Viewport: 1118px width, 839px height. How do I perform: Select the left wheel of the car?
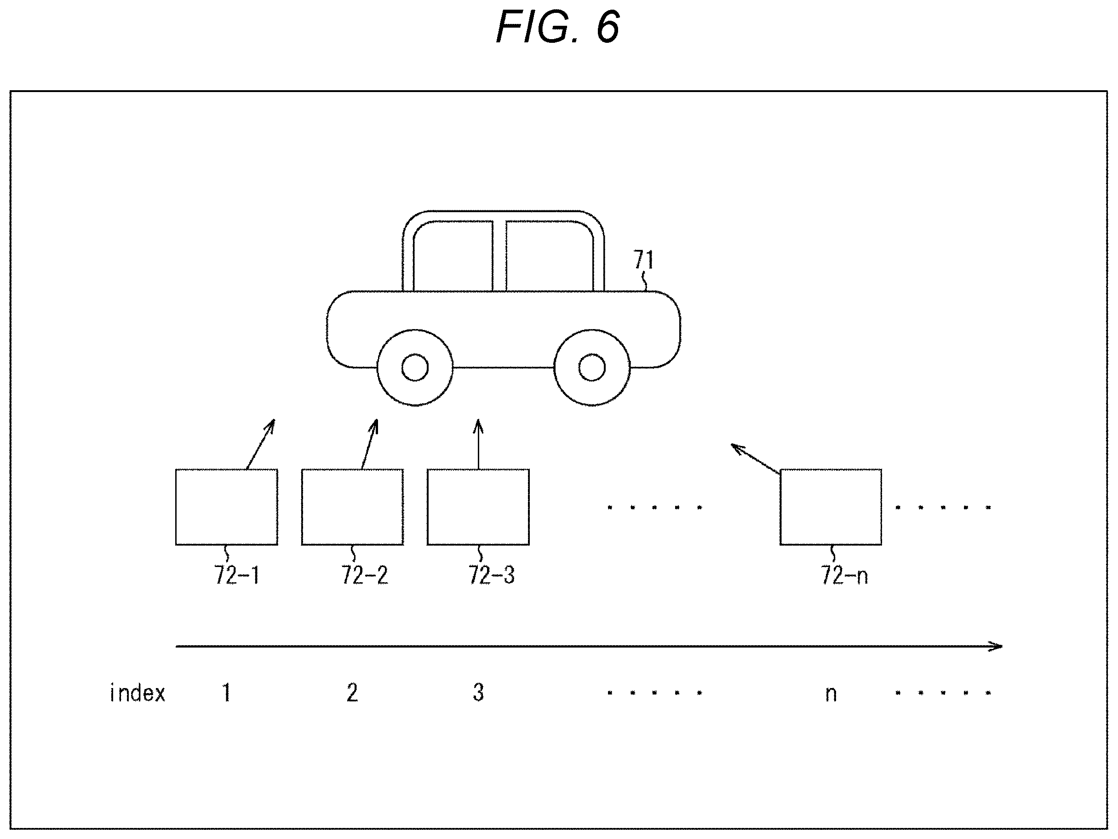(x=415, y=368)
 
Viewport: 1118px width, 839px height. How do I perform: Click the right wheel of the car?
(x=592, y=368)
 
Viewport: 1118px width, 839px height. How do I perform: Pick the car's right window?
(x=550, y=256)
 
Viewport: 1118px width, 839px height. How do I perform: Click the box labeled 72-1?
(x=226, y=507)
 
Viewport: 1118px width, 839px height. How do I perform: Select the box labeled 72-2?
(x=352, y=507)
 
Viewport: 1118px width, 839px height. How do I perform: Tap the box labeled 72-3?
(x=478, y=507)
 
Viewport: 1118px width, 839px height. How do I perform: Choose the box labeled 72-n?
(x=831, y=507)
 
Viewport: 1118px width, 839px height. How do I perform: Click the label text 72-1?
(x=236, y=575)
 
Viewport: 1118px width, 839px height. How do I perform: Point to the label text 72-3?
(x=491, y=575)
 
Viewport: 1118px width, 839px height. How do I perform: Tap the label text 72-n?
(x=844, y=575)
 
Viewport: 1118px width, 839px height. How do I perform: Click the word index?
(x=138, y=693)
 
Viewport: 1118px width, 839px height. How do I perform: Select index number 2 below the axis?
(x=352, y=693)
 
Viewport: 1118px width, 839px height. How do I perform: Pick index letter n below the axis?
(x=831, y=694)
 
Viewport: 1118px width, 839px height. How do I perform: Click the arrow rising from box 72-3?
(x=478, y=444)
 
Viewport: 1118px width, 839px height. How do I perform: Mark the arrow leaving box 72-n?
(x=756, y=459)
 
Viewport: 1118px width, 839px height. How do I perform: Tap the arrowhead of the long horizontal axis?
(x=1001, y=646)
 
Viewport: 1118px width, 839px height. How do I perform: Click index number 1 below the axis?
(x=226, y=693)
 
